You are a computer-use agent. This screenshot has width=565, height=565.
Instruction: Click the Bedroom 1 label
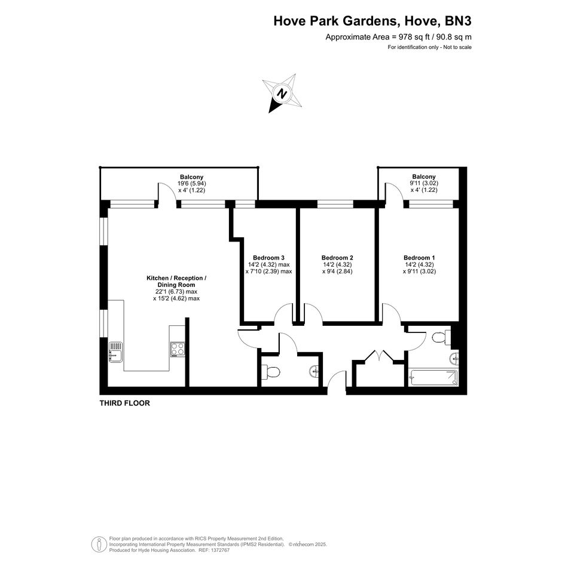(419, 258)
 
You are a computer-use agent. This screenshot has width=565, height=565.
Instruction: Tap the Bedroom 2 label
(337, 258)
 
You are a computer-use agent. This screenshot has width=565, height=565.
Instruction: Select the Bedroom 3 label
(268, 258)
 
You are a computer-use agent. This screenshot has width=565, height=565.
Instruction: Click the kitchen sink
(115, 352)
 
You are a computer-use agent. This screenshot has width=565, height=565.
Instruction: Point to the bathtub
(433, 377)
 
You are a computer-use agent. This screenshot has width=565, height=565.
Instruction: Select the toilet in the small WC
(271, 371)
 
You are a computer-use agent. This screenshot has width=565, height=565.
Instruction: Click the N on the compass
(282, 94)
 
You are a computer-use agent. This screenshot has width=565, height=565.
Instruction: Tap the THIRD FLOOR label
(125, 403)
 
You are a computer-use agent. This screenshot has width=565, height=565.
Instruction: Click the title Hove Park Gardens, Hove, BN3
(372, 21)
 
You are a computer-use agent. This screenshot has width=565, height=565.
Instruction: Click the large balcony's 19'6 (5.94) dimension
(192, 184)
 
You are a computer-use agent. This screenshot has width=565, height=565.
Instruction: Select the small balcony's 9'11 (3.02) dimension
(424, 183)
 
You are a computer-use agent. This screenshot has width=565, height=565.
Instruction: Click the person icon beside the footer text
(99, 545)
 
